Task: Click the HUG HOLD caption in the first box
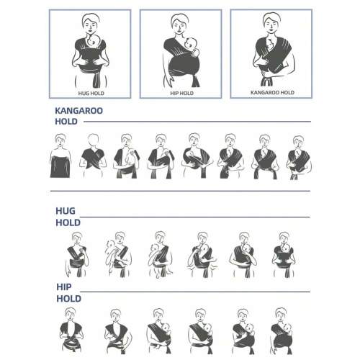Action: pos(91,93)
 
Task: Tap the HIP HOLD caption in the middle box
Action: pos(181,93)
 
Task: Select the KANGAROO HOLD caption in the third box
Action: pos(272,92)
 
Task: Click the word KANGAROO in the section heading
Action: pos(79,111)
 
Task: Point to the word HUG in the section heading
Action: pos(66,211)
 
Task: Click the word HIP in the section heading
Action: pos(64,287)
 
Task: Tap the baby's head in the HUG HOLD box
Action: pos(94,40)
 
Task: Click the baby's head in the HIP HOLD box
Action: pos(191,43)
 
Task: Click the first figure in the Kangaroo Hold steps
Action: pos(60,156)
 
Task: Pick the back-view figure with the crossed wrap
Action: pos(93,156)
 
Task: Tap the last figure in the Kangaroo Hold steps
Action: pos(299,158)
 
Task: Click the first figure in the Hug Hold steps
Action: pos(77,254)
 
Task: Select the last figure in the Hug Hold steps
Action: pos(284,254)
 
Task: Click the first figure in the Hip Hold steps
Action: pos(71,330)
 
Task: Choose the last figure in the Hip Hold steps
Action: pos(282,331)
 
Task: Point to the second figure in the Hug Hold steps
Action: pos(118,254)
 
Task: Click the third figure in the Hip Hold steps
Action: pos(159,331)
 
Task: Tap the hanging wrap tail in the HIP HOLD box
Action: pos(195,81)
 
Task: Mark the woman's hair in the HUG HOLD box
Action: pos(91,17)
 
